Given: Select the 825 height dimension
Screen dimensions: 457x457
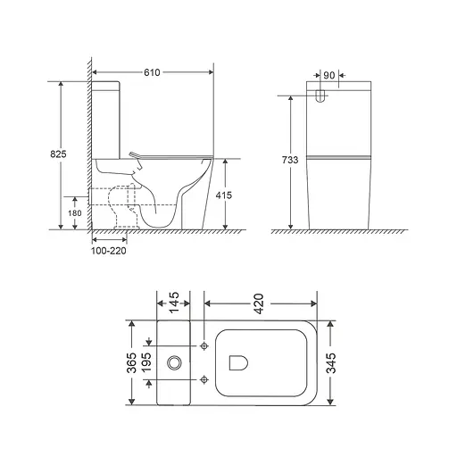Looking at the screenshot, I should point(58,154).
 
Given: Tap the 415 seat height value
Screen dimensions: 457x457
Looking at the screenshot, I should point(228,194).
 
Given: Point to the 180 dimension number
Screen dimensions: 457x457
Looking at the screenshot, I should point(75,212).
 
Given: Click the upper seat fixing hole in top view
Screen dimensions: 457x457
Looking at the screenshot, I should point(206,345).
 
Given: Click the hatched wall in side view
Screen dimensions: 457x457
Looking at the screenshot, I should point(87,143).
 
